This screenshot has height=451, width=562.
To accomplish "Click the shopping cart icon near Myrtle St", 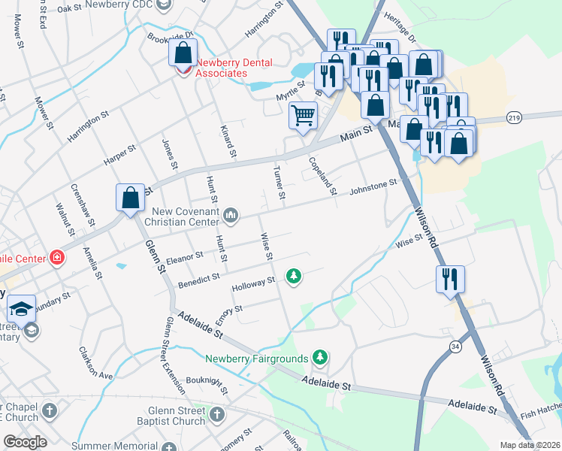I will [303, 117].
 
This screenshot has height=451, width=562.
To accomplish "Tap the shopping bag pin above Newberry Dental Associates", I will [183, 53].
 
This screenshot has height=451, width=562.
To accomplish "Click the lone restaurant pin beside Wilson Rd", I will [450, 279].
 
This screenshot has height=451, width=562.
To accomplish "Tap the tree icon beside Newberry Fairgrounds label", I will [321, 356].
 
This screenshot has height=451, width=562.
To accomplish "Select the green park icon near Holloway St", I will [294, 277].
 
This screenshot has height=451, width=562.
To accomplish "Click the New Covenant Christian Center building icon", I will [231, 216].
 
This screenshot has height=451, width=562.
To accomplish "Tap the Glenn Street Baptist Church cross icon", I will [216, 414].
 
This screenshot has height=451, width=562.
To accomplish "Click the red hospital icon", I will [57, 259].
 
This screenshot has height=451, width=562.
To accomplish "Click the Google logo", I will [25, 441].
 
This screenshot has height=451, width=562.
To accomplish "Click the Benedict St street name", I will [199, 280].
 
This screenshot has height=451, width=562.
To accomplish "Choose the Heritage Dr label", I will [399, 31].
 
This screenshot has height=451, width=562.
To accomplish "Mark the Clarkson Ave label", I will [95, 362].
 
